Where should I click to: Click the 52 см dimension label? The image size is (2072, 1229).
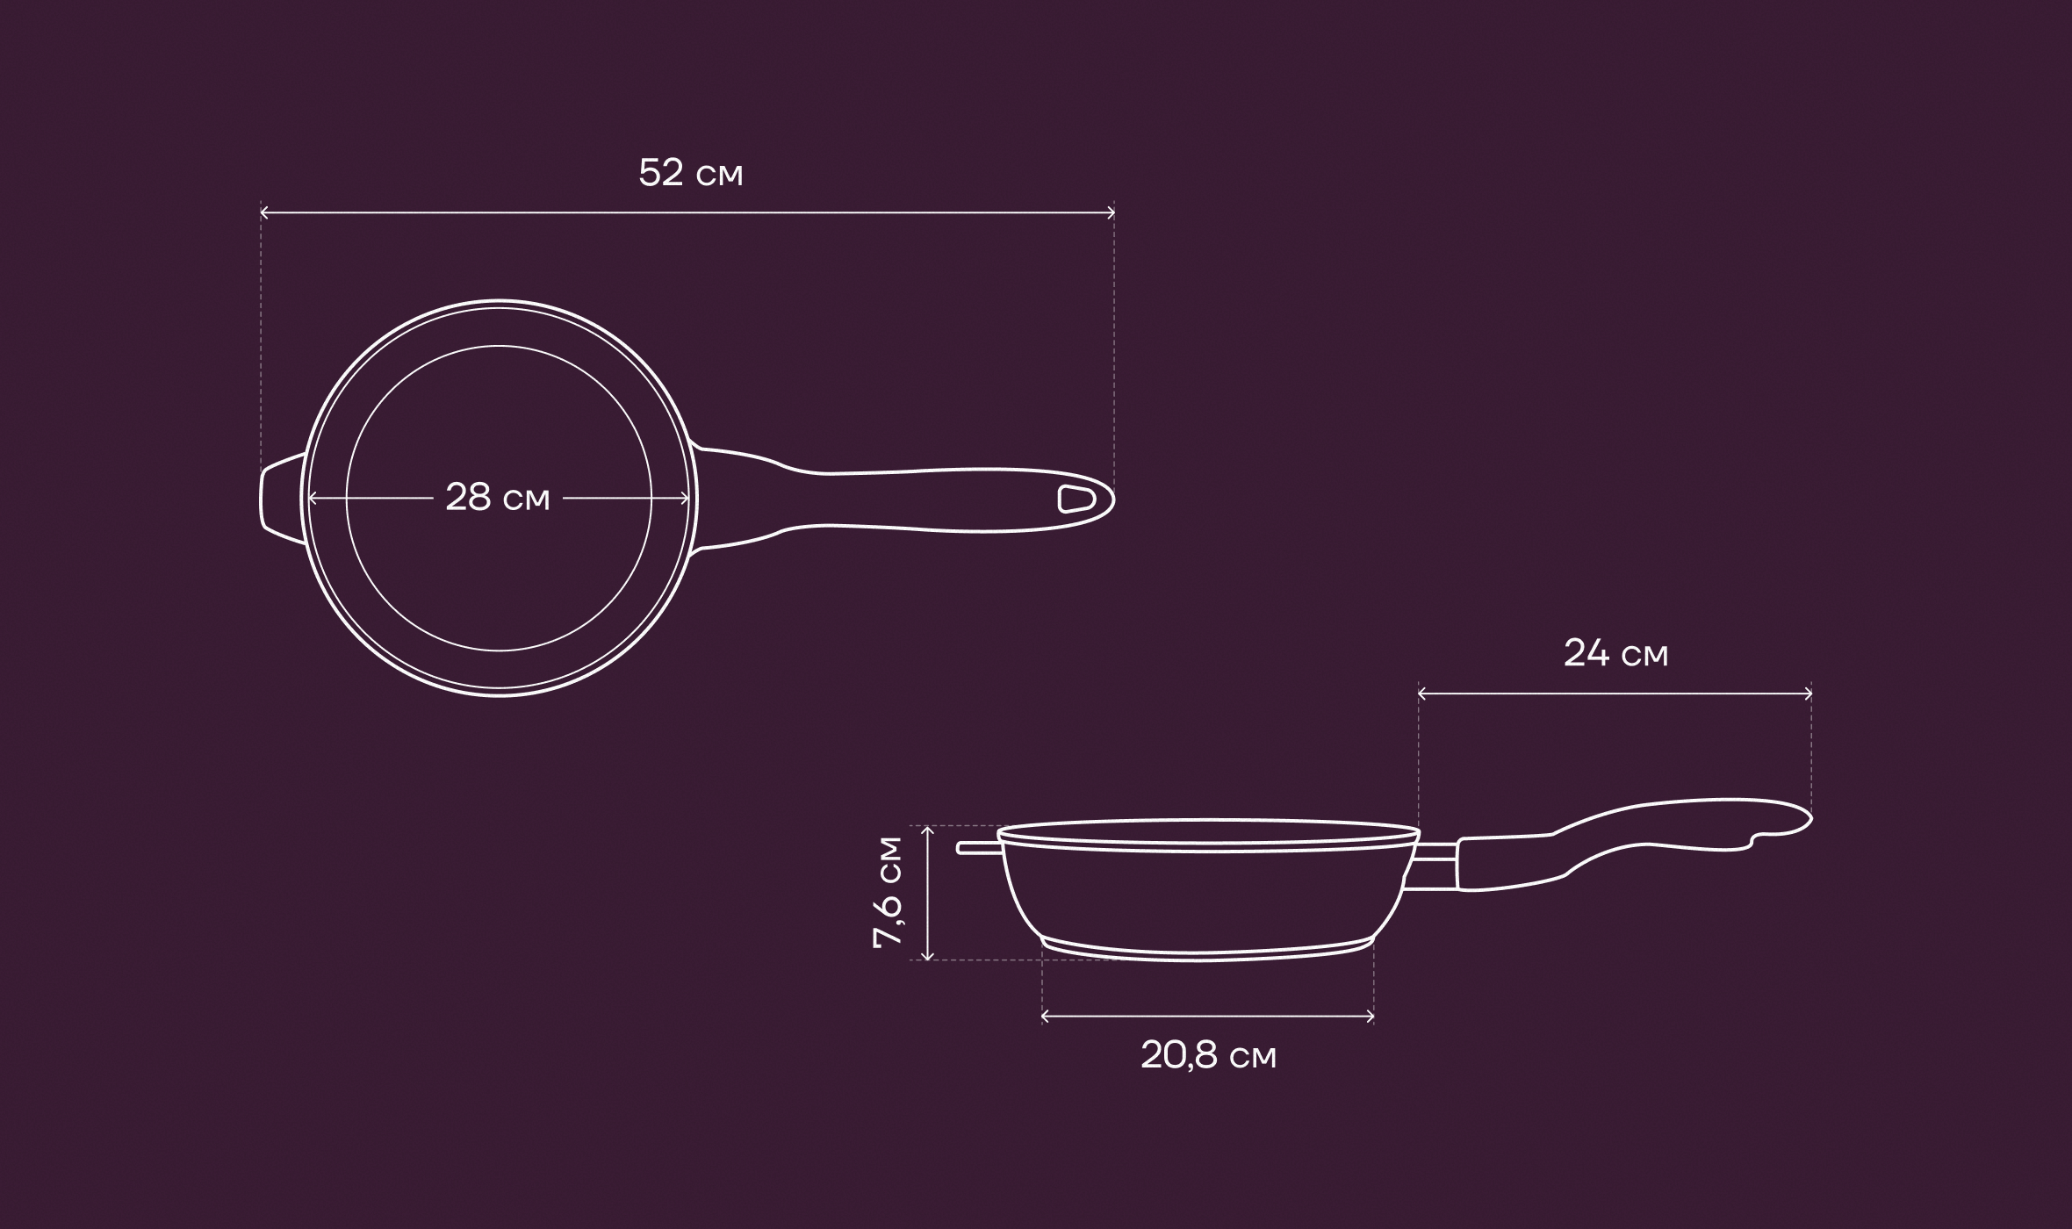click(691, 173)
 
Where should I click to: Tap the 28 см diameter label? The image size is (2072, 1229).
click(498, 498)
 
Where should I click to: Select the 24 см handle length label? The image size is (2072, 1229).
click(1615, 654)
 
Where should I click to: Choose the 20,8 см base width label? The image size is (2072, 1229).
click(1208, 1055)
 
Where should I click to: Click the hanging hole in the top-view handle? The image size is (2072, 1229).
click(1076, 499)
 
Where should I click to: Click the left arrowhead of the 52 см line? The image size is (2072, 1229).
click(264, 212)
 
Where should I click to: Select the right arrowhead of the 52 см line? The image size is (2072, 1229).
click(1111, 212)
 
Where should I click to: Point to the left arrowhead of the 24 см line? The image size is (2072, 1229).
click(1422, 694)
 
